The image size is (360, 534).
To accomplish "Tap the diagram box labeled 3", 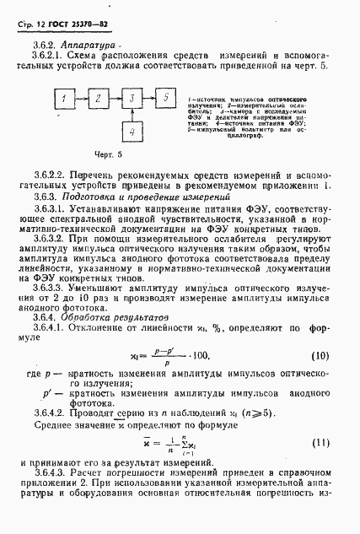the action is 132,100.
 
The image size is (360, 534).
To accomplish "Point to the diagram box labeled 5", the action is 165,100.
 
